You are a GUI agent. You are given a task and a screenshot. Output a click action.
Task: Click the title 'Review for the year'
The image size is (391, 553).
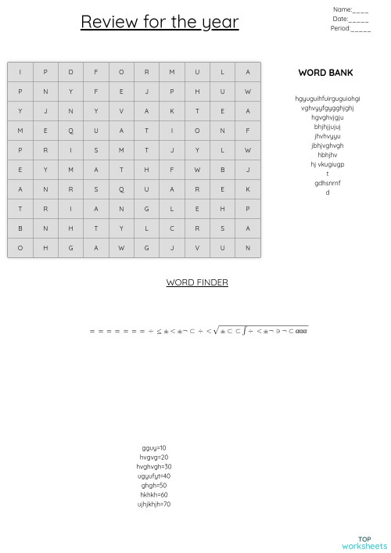tap(160, 21)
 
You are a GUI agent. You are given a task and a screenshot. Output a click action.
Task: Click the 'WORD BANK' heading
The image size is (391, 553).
tap(325, 73)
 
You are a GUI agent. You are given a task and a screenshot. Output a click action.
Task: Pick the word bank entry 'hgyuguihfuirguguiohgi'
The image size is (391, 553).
tap(328, 99)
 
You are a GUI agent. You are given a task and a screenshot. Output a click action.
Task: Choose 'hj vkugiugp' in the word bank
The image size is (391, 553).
tap(328, 164)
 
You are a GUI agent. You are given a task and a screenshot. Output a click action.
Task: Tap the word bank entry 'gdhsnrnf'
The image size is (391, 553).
tap(328, 183)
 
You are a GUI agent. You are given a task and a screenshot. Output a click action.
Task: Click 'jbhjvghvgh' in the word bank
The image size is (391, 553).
tap(328, 145)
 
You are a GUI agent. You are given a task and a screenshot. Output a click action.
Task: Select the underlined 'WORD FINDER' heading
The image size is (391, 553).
tap(197, 282)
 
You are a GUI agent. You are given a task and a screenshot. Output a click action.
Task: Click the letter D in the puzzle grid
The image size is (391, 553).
tap(70, 73)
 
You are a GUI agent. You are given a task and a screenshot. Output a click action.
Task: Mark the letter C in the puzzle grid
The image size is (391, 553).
tap(172, 228)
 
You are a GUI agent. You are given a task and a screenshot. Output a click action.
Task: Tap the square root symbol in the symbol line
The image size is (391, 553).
tap(217, 331)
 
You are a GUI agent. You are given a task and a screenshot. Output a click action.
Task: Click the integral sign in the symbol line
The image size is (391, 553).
tap(245, 331)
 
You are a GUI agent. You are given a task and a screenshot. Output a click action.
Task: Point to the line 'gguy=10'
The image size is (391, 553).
tap(154, 448)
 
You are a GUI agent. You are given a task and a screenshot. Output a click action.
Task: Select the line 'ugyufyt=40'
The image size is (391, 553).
tap(154, 476)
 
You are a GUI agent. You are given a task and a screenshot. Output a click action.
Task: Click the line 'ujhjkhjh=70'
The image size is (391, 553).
tap(154, 505)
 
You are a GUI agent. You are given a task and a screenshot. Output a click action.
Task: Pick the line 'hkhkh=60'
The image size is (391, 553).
tap(154, 495)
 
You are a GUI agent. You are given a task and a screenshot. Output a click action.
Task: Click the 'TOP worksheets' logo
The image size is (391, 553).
tap(364, 543)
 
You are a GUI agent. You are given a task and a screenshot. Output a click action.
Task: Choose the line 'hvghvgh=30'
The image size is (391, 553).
tap(154, 467)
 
